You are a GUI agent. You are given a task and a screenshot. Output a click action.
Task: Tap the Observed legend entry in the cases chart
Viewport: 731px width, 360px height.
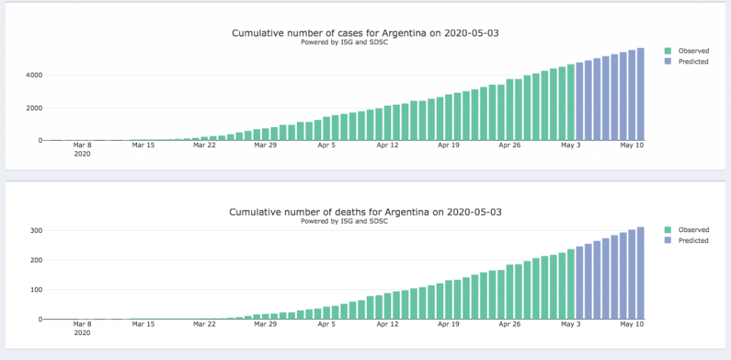coord(686,51)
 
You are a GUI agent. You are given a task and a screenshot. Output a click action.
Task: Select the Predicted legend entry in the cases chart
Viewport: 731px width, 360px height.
coord(686,61)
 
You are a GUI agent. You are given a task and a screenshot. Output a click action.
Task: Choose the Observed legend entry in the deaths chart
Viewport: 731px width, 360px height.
coord(686,230)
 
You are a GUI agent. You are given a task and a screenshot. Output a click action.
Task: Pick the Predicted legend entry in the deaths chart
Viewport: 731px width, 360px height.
coord(686,241)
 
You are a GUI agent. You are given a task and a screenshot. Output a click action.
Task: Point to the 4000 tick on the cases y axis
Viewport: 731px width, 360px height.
coord(34,75)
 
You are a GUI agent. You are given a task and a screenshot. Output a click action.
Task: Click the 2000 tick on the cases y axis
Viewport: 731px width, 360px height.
coord(34,108)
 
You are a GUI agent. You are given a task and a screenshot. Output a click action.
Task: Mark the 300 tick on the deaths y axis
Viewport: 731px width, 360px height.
coord(36,231)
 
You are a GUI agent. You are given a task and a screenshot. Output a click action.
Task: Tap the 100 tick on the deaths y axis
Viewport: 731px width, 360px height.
coord(36,290)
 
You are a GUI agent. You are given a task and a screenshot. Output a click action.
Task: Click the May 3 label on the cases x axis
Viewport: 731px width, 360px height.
coord(571,145)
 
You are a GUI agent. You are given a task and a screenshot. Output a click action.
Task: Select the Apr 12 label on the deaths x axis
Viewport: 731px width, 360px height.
coord(388,324)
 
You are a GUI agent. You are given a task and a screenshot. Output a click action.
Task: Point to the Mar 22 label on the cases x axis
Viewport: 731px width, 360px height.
coord(204,145)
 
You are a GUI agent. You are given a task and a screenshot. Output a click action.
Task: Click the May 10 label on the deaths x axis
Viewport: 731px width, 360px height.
coord(632,324)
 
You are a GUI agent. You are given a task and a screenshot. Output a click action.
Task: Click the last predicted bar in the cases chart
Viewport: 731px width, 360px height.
coord(640,94)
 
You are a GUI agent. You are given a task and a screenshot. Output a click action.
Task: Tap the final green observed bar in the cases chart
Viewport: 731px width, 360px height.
coord(570,102)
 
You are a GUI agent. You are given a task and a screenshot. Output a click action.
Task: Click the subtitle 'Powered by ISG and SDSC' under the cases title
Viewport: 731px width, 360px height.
coord(344,42)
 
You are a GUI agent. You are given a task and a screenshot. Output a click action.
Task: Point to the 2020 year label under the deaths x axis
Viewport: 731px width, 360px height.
coord(82,333)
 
